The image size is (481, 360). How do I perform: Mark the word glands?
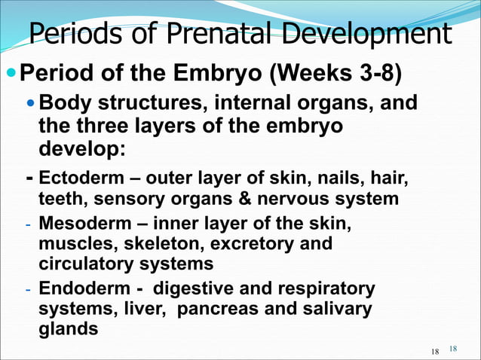tap(68, 328)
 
